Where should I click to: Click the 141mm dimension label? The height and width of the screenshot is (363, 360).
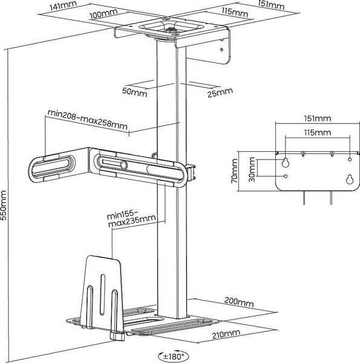pyautogui.click(x=63, y=6)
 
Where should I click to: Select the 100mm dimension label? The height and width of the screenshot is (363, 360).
pyautogui.click(x=103, y=14)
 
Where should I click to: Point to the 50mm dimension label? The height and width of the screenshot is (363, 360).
pyautogui.click(x=135, y=92)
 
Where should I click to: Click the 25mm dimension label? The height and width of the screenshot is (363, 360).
pyautogui.click(x=220, y=93)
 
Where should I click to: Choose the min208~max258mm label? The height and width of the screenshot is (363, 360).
pyautogui.click(x=88, y=119)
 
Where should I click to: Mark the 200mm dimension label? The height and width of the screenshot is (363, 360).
pyautogui.click(x=239, y=302)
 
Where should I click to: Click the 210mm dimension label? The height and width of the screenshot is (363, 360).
pyautogui.click(x=226, y=334)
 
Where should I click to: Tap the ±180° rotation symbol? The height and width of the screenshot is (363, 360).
pyautogui.click(x=174, y=356)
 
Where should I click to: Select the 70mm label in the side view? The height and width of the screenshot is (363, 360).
pyautogui.click(x=234, y=171)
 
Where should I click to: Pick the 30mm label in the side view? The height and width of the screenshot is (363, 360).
pyautogui.click(x=252, y=169)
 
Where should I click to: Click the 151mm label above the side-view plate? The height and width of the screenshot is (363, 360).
pyautogui.click(x=318, y=119)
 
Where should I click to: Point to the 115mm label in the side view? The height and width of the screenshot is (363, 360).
pyautogui.click(x=318, y=132)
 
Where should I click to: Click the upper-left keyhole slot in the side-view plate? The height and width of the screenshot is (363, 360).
pyautogui.click(x=286, y=162)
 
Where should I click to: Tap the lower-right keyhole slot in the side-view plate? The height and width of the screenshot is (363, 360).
pyautogui.click(x=350, y=179)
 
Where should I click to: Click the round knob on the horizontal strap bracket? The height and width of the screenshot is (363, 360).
pyautogui.click(x=123, y=165)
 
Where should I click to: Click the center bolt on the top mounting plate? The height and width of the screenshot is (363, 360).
pyautogui.click(x=171, y=30)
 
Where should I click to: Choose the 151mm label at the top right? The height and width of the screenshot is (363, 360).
pyautogui.click(x=271, y=5)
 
